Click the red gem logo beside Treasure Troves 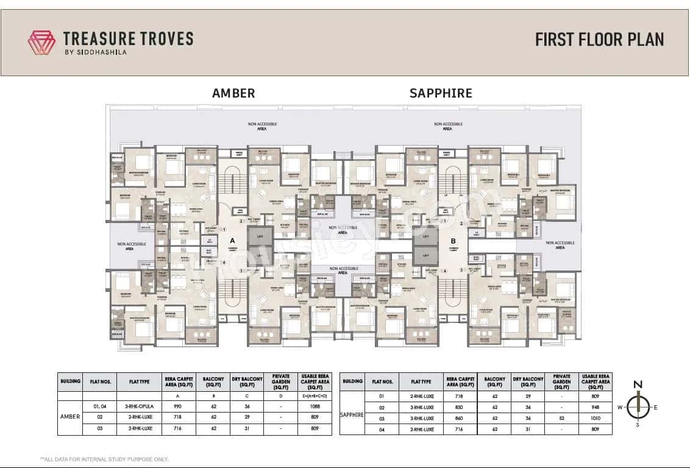coord(41,42)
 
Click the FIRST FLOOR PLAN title coord(599,40)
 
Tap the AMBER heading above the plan coord(233,93)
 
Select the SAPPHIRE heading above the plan coord(441,93)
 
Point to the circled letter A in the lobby coord(225,231)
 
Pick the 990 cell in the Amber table coord(178,406)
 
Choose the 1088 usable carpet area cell coord(315,406)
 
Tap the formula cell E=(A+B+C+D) coord(315,395)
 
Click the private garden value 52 coord(561,419)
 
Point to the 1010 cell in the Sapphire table coord(596,419)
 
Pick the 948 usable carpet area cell coord(596,408)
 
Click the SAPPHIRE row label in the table coord(352,414)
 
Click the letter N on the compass coord(637,385)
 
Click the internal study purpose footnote coord(104,459)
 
